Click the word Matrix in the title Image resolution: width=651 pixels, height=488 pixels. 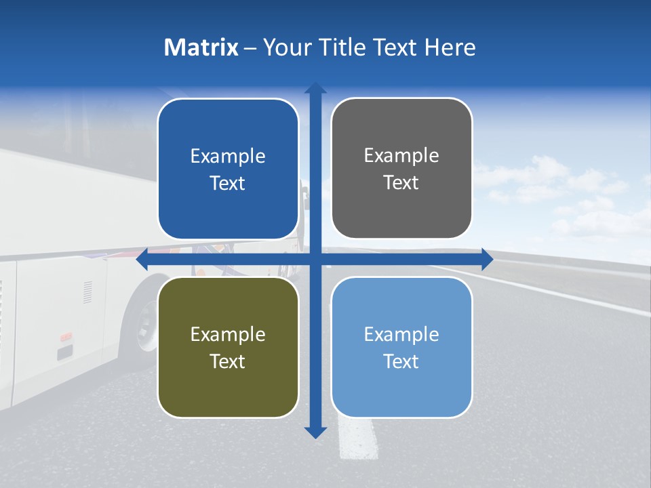coord(201,47)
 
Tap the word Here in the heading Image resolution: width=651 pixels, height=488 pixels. coord(450,47)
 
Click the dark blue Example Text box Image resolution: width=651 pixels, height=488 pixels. coord(228,169)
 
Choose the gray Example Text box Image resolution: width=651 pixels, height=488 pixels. coord(401,169)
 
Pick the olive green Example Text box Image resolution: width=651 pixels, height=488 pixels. coord(228,347)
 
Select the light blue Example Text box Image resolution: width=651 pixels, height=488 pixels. coord(401,347)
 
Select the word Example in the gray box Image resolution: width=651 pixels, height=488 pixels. coord(401,156)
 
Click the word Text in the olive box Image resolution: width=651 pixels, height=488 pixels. coord(228,361)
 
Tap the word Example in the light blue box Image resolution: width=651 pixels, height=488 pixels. coord(401,334)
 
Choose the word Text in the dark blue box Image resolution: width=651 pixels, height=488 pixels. coord(228,184)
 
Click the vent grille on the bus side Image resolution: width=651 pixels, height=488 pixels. coord(88,291)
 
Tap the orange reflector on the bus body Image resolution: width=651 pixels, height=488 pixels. coord(66,337)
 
